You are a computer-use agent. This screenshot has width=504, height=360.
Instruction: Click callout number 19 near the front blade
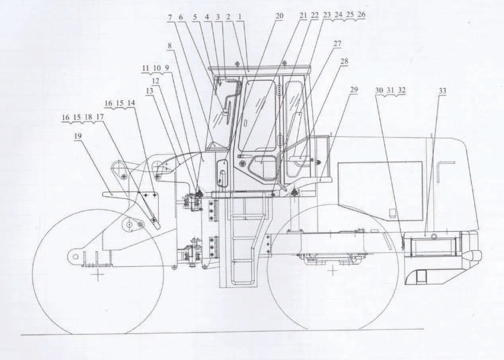point(78,137)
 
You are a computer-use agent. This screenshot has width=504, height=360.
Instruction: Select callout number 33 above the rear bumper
point(442,91)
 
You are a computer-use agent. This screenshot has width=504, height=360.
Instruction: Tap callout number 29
point(354,90)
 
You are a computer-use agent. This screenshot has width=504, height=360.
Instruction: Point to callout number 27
point(337,43)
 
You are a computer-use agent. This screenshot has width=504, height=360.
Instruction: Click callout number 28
point(344,61)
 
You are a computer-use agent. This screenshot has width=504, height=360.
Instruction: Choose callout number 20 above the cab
point(279,16)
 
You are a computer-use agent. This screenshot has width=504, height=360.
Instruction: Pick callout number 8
point(169,46)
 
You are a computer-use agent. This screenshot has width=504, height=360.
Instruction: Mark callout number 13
point(150,91)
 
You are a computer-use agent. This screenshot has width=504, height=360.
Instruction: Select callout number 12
point(155,81)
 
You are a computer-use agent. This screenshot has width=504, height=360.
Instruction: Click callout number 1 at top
point(240,17)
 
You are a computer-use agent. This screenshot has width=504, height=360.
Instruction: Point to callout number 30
point(379,90)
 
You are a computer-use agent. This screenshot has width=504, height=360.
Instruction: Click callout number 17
point(100,117)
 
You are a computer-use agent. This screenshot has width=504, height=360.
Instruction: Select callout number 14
point(131,103)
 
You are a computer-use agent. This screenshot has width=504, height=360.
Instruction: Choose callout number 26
point(361,15)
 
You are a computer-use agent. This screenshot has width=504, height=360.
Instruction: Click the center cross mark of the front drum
point(97,274)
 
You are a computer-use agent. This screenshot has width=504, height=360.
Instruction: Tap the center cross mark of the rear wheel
point(333,271)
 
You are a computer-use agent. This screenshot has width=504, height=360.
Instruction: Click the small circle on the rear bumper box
point(433,236)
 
